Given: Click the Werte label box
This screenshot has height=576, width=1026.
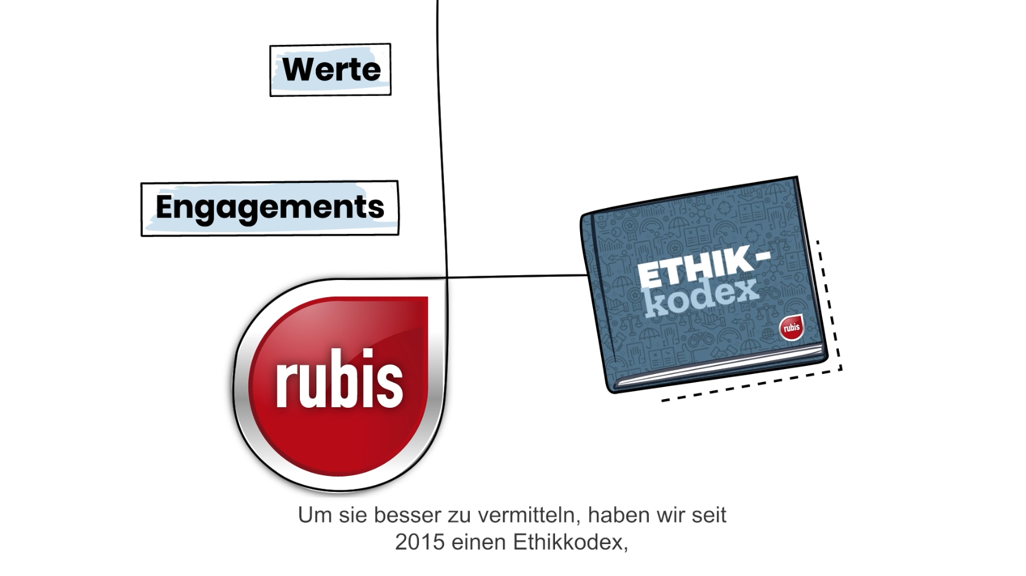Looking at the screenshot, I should [x=331, y=69].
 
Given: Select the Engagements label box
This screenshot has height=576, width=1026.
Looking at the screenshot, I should [x=270, y=208].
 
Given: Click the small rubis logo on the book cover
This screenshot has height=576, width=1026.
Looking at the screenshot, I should [x=791, y=327].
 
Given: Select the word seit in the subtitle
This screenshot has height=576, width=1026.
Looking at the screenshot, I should [x=709, y=515].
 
